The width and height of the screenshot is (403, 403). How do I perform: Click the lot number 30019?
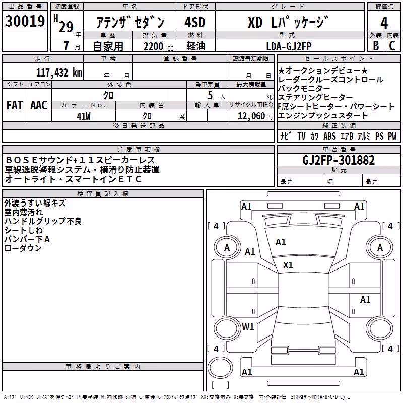pyautogui.click(x=25, y=21)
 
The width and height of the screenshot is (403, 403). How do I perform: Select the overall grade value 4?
pyautogui.click(x=384, y=23)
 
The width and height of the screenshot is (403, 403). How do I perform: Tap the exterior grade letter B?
pyautogui.click(x=376, y=45)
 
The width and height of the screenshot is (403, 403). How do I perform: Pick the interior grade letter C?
pyautogui.click(x=392, y=45)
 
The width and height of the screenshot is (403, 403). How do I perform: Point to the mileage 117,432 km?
pyautogui.click(x=59, y=72)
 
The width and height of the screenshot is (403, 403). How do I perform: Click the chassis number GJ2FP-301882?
pyautogui.click(x=339, y=160)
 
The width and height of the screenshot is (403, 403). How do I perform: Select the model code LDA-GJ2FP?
pyautogui.click(x=289, y=46)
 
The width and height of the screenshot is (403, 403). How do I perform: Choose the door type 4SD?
pyautogui.click(x=195, y=22)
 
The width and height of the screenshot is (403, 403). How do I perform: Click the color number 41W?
pyautogui.click(x=84, y=116)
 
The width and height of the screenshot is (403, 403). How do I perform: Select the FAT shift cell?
pyautogui.click(x=15, y=105)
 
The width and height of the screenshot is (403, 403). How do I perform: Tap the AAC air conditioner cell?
pyautogui.click(x=39, y=105)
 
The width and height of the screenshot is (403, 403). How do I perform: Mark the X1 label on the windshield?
pyautogui.click(x=288, y=265)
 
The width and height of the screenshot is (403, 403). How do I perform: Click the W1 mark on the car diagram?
pyautogui.click(x=248, y=326)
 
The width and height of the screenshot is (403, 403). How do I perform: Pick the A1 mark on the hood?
pyautogui.click(x=281, y=242)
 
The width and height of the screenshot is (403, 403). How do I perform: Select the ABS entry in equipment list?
pyautogui.click(x=329, y=136)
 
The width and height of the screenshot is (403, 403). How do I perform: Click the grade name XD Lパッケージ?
pyautogui.click(x=288, y=22)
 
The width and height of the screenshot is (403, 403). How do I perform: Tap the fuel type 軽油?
pyautogui.click(x=196, y=46)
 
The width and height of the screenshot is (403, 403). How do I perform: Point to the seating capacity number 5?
pyautogui.click(x=210, y=95)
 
